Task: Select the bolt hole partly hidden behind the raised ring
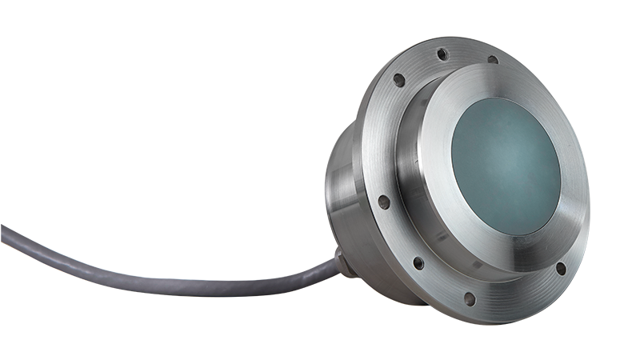pyautogui.click(x=492, y=59)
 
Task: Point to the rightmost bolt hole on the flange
pyautogui.click(x=560, y=268)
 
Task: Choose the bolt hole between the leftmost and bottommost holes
pyautogui.click(x=417, y=262)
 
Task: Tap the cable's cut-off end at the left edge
pyautogui.click(x=3, y=234)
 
